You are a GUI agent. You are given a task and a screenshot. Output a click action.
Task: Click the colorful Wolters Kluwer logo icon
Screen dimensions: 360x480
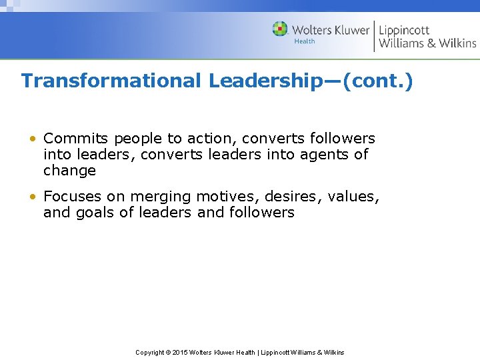pyautogui.click(x=280, y=29)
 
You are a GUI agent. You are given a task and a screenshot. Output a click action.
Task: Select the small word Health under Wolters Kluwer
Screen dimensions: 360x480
pyautogui.click(x=305, y=41)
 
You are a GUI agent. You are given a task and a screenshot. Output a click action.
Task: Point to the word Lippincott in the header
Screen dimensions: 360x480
pyautogui.click(x=404, y=30)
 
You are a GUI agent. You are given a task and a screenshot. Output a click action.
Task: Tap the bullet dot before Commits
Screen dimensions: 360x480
pyautogui.click(x=32, y=139)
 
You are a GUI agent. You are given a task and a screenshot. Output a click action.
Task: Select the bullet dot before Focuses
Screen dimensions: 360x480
pyautogui.click(x=32, y=197)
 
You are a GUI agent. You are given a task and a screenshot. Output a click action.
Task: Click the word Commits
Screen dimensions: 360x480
pyautogui.click(x=76, y=139)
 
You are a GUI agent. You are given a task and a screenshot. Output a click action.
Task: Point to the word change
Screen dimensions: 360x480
pyautogui.click(x=69, y=171)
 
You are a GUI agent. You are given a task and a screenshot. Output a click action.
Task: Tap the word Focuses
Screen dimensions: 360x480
pyautogui.click(x=74, y=197)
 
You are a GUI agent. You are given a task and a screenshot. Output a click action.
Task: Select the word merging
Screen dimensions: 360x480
pyautogui.click(x=161, y=197)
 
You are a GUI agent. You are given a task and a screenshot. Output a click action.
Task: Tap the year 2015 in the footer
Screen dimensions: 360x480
pyautogui.click(x=180, y=352)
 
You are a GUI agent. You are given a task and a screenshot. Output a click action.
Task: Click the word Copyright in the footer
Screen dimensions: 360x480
pyautogui.click(x=150, y=352)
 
